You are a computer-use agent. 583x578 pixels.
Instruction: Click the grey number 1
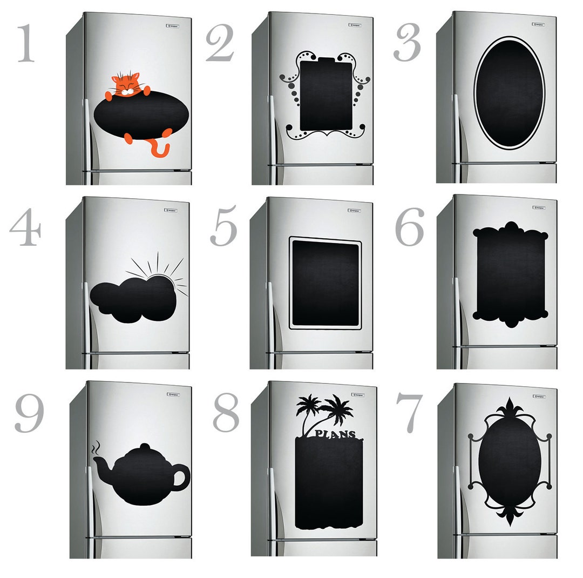click(x=25, y=44)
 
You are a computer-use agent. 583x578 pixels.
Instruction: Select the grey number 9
click(x=29, y=413)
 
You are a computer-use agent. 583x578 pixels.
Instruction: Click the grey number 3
click(x=408, y=43)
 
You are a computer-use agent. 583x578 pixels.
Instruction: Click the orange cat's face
click(x=126, y=86)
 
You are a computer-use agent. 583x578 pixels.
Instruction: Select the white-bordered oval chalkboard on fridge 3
click(x=509, y=92)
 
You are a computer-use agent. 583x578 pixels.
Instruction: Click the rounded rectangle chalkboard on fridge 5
click(x=326, y=283)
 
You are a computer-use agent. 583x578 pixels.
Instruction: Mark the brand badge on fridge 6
click(x=537, y=207)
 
